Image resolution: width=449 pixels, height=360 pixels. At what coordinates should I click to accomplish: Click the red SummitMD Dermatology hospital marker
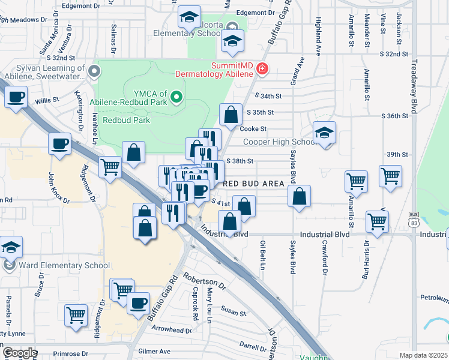261,69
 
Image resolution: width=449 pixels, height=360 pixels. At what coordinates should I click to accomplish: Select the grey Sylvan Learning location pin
94,72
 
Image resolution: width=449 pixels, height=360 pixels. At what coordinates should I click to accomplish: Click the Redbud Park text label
126,120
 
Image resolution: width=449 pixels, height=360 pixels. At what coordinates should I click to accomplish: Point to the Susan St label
234,313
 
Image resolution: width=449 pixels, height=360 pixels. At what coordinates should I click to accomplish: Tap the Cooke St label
253,128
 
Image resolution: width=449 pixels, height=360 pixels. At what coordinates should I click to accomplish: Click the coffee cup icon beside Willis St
16,97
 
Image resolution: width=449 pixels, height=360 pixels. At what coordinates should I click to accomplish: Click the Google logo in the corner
20,353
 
